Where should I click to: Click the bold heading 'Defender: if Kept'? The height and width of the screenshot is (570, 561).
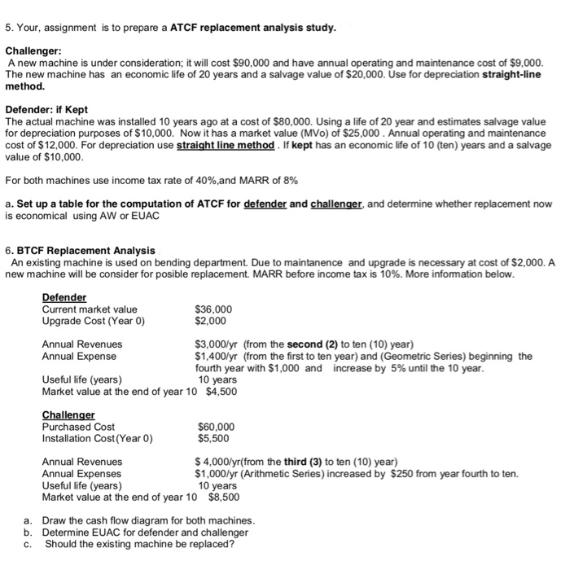click(46, 108)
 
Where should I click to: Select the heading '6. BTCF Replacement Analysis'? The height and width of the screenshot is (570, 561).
click(80, 250)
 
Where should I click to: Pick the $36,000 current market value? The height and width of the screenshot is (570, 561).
click(214, 309)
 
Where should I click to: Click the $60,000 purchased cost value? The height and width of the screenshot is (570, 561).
click(217, 426)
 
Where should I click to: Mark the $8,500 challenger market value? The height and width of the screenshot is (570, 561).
click(225, 497)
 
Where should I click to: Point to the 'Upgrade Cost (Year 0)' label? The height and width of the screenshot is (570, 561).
click(92, 321)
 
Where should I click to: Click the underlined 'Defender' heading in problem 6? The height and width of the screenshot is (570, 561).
click(64, 297)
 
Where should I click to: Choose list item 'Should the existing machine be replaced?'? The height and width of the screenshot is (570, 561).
click(139, 544)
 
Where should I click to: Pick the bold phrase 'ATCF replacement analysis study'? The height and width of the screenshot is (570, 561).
click(252, 28)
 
